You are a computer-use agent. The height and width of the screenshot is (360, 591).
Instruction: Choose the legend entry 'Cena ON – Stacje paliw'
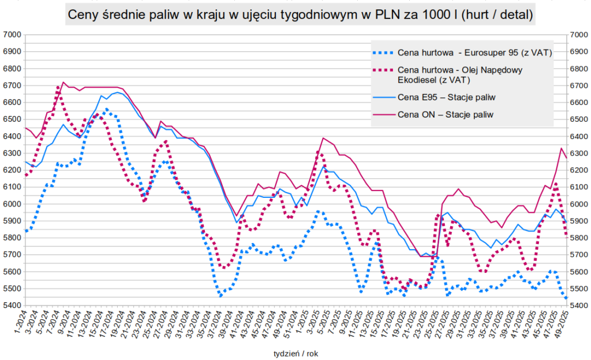(x=445, y=114)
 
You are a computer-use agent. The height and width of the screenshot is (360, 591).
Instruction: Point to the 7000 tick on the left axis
(x=12, y=35)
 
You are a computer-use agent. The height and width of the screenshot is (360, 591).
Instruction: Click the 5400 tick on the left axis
(x=12, y=306)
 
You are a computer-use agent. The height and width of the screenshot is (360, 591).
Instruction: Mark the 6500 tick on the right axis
(x=578, y=119)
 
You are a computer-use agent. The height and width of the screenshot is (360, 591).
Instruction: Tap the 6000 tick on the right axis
(x=578, y=204)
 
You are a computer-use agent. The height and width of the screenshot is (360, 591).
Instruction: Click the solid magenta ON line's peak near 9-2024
(x=63, y=82)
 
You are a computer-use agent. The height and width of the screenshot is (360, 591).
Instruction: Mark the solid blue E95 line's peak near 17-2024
(x=117, y=92)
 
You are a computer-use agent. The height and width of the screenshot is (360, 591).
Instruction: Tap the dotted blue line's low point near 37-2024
(x=220, y=295)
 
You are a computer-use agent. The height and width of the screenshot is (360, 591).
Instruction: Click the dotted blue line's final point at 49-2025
(x=566, y=298)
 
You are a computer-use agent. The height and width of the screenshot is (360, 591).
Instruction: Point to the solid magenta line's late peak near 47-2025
(x=561, y=148)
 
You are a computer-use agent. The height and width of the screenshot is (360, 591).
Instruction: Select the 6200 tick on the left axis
(x=12, y=170)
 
